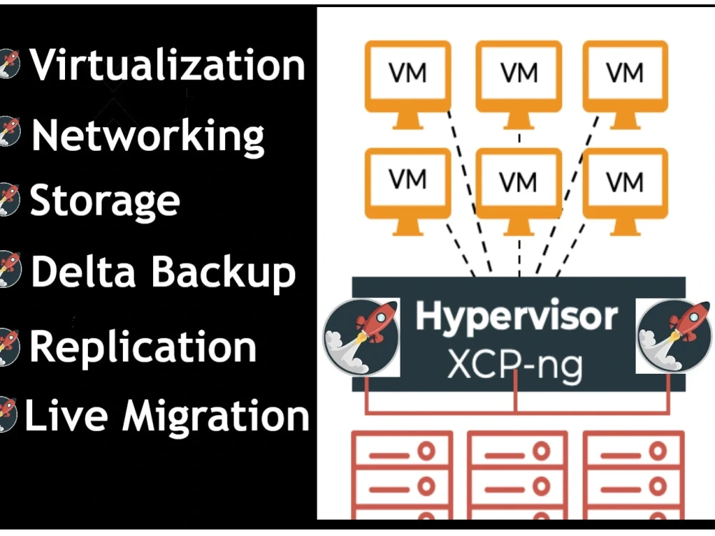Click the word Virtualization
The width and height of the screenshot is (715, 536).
click(167, 65)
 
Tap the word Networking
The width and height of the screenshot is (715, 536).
click(148, 135)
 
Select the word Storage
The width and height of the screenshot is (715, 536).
click(105, 201)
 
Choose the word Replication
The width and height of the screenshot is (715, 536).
click(143, 346)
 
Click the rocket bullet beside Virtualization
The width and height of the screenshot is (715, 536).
click(9, 64)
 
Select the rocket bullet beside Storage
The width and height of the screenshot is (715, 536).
click(9, 200)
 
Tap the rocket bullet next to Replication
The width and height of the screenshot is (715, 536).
click(9, 346)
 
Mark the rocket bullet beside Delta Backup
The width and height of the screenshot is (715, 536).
click(9, 270)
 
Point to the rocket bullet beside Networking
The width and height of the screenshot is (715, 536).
click(9, 131)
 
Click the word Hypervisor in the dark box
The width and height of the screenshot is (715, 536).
click(516, 317)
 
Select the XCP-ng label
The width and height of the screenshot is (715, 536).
click(515, 364)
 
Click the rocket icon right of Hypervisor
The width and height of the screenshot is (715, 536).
click(674, 336)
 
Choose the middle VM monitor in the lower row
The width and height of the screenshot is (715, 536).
click(518, 187)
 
